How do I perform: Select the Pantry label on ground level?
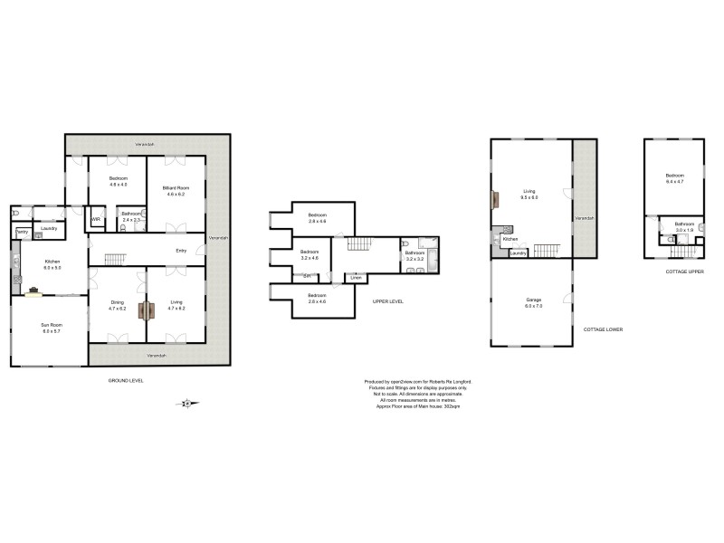pyautogui.click(x=20, y=233)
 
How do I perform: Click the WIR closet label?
pyautogui.click(x=95, y=220)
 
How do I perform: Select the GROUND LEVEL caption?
pyautogui.click(x=125, y=380)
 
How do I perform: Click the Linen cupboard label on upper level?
pyautogui.click(x=357, y=277)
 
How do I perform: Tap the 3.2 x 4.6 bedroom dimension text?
pyautogui.click(x=310, y=258)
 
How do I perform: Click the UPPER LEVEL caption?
pyautogui.click(x=387, y=301)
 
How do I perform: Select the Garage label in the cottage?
pyautogui.click(x=533, y=300)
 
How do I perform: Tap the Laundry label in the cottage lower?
pyautogui.click(x=519, y=252)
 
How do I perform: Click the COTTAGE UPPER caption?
pyautogui.click(x=684, y=271)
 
